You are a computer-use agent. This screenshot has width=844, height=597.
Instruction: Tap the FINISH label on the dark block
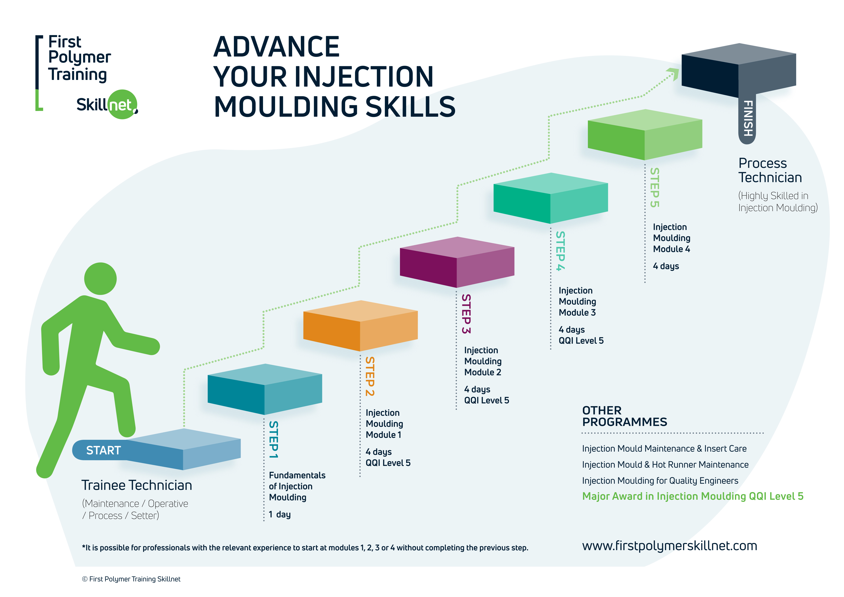click(x=748, y=118)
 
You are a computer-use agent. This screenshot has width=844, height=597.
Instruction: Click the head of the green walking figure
click(x=100, y=279)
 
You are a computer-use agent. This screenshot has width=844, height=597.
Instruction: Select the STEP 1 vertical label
click(x=273, y=439)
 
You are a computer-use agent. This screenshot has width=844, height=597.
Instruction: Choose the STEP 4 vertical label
click(x=560, y=251)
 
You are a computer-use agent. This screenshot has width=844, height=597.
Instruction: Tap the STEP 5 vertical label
click(x=655, y=188)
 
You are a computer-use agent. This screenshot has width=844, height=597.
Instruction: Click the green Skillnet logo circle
click(x=122, y=104)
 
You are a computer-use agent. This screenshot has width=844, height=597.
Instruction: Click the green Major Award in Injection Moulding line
click(x=693, y=496)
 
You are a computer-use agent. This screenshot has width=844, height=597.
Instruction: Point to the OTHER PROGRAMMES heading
click(x=624, y=416)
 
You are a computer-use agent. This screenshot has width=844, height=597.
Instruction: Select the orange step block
click(x=360, y=325)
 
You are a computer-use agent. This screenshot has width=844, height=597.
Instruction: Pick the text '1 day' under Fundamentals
click(x=280, y=514)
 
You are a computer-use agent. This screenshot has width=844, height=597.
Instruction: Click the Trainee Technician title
click(x=136, y=485)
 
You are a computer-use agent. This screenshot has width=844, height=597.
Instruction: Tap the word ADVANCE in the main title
click(x=277, y=47)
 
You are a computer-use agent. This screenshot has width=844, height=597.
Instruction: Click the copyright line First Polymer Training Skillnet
click(x=131, y=579)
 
